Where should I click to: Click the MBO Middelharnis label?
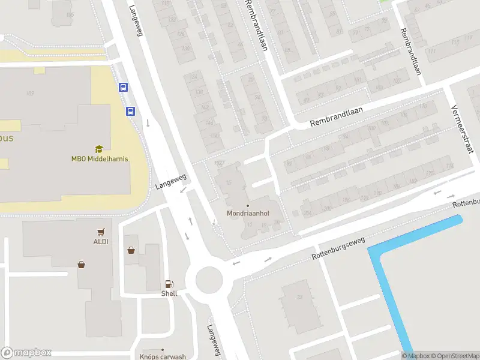coord(99,159)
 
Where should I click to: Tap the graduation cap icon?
coord(99,149)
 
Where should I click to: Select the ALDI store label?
coord(100,241)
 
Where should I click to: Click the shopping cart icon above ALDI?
coord(101,232)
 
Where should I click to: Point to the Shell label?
coord(169,293)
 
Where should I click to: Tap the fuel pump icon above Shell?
coord(170,284)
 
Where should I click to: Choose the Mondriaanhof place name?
coord(248,213)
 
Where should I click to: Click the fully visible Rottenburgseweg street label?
coord(338,248)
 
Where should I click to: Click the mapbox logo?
coord(26,353)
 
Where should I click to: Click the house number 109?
coord(29,93)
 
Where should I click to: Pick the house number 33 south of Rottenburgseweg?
coord(300,296)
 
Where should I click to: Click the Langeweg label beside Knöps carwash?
coord(214,341)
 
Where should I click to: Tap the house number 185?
coord(70,14)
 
